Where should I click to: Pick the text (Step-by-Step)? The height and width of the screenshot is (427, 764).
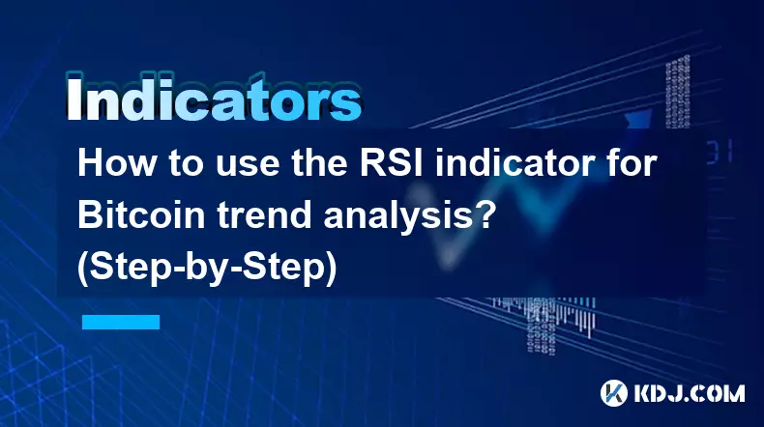[210, 269]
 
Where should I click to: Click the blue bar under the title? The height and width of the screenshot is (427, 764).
[120, 322]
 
